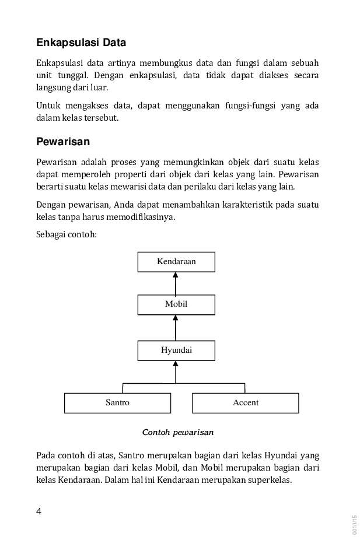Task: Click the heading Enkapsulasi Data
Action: [x=81, y=43]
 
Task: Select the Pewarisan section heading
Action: [x=63, y=142]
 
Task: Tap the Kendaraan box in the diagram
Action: [x=176, y=262]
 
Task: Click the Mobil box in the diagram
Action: [x=176, y=304]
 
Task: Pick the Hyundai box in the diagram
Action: [x=176, y=350]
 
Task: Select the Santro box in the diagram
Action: [x=117, y=403]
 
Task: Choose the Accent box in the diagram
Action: [x=245, y=403]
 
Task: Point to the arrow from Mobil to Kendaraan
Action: [x=176, y=283]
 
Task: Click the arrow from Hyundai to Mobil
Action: [x=176, y=328]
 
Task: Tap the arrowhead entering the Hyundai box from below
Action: [x=176, y=364]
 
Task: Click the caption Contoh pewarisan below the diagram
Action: [x=178, y=433]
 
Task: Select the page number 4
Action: [x=39, y=511]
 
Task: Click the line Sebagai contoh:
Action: [x=66, y=234]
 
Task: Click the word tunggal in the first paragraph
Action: [x=69, y=75]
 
